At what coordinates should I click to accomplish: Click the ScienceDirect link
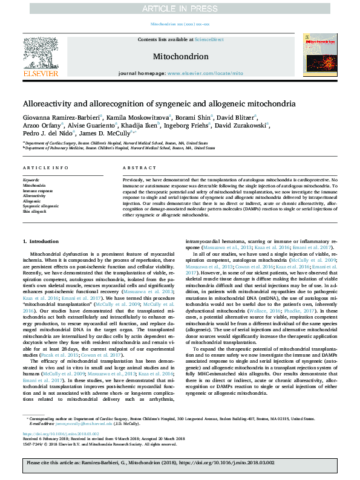click(x=209, y=39)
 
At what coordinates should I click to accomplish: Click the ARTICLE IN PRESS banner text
click(x=180, y=8)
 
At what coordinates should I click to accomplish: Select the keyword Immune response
click(x=38, y=191)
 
